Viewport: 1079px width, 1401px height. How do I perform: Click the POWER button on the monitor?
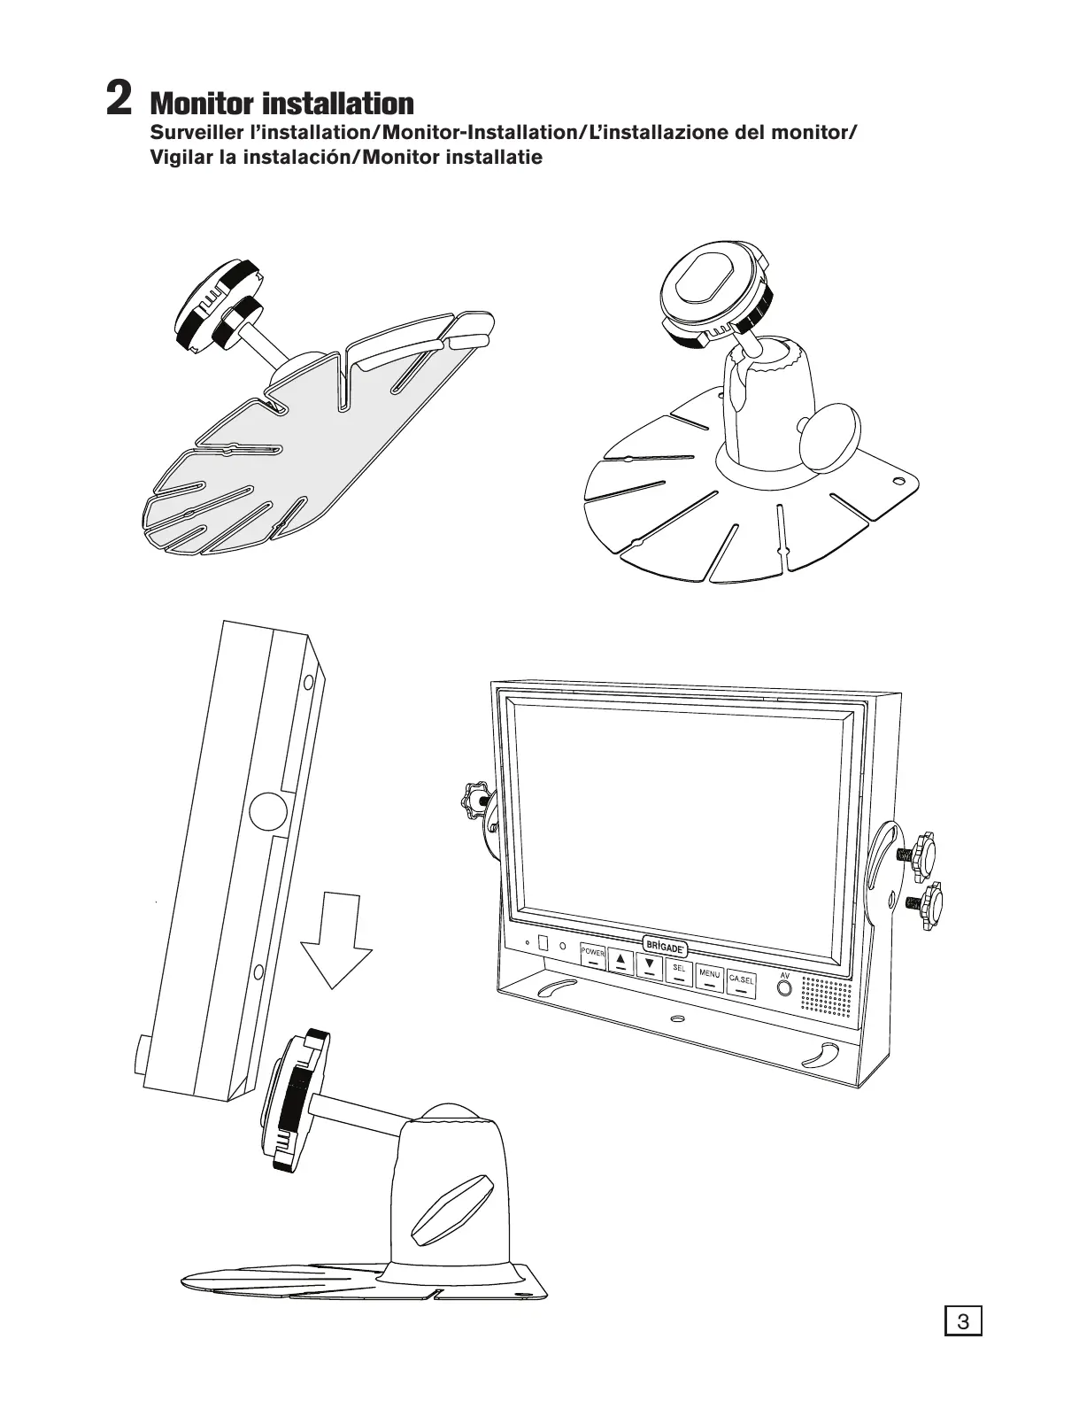click(593, 957)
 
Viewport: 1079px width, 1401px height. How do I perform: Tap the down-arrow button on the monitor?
click(650, 965)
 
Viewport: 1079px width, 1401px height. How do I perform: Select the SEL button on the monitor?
click(679, 972)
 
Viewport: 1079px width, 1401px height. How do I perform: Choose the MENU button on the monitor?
click(709, 977)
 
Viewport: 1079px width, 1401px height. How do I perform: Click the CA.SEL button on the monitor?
click(740, 982)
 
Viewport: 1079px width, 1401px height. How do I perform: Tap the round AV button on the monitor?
click(784, 986)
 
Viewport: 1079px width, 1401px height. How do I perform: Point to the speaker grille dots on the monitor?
click(827, 995)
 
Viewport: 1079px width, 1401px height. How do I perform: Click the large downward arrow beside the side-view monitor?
click(336, 940)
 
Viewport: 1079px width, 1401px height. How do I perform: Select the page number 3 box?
click(964, 1323)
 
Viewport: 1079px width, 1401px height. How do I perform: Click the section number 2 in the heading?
click(119, 98)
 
